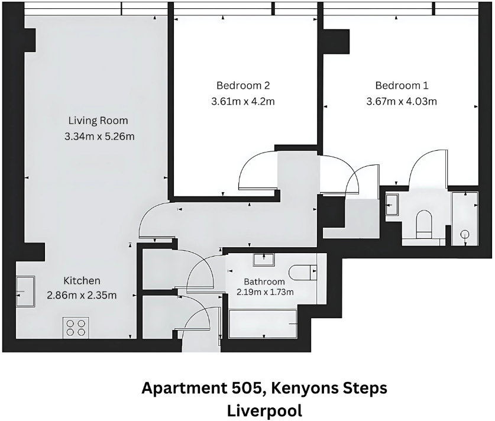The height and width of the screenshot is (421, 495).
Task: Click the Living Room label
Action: (98, 121)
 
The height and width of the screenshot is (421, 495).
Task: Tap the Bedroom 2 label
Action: (243, 85)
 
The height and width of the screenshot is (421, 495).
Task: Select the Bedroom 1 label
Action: (402, 85)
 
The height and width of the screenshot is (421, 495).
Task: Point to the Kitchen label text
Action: (82, 280)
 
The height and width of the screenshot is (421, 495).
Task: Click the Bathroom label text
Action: (264, 282)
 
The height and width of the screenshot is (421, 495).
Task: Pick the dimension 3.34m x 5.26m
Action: (99, 137)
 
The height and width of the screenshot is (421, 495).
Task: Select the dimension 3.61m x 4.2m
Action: (243, 101)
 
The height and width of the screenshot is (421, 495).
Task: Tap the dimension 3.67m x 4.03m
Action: (402, 101)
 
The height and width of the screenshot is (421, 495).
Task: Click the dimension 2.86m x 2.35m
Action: (82, 295)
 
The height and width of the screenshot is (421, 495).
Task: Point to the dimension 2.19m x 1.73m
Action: (265, 292)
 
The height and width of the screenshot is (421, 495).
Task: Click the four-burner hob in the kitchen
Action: (75, 327)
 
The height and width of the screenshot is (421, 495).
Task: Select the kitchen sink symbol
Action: (25, 292)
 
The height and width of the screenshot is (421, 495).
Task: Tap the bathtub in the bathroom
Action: (263, 323)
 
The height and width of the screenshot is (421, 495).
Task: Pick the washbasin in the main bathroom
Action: (263, 259)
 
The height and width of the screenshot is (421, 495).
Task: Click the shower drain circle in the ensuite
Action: (465, 234)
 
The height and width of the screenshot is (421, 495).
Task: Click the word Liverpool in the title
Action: (264, 410)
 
